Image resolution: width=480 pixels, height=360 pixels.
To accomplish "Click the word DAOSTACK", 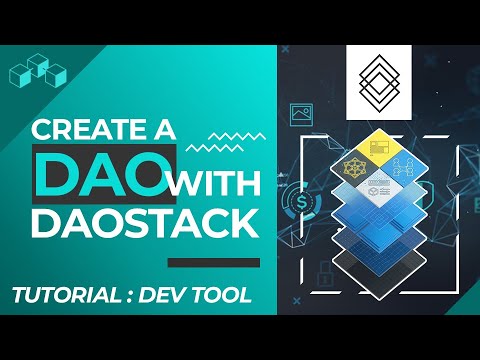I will pyautogui.click(x=139, y=225).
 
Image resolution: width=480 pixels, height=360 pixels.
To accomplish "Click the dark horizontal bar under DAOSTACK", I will pyautogui.click(x=206, y=262).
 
